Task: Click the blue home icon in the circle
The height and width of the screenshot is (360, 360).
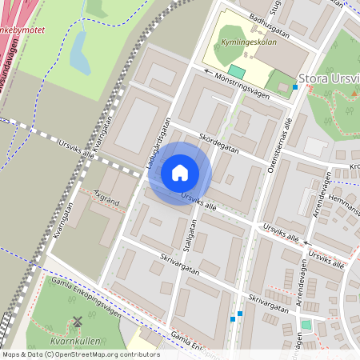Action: (180, 172)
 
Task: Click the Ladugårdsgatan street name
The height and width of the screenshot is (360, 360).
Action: (158, 143)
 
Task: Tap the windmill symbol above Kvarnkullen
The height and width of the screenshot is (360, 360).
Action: (78, 322)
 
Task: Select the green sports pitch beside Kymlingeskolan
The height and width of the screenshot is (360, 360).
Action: (237, 72)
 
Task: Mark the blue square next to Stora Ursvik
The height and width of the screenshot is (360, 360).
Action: (295, 86)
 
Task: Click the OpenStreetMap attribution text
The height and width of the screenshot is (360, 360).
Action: (80, 354)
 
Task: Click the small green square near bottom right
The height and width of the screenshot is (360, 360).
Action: (306, 325)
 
